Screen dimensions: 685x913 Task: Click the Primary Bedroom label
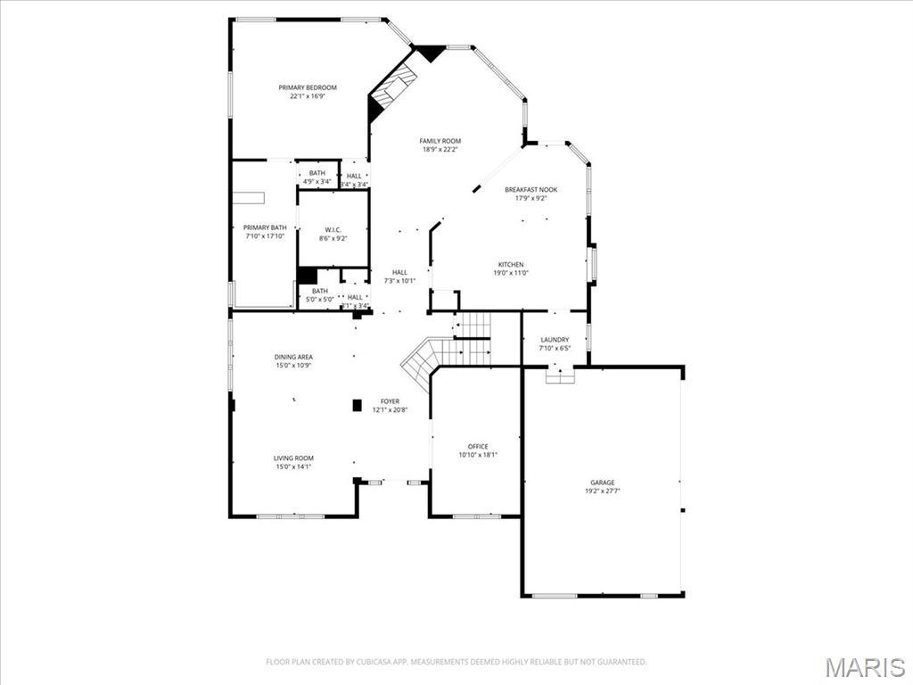(x=308, y=87)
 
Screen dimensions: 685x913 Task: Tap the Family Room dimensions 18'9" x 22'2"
(x=441, y=150)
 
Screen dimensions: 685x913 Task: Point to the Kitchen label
(x=511, y=264)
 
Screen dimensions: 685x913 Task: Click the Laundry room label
(x=555, y=340)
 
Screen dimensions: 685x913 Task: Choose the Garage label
(x=602, y=483)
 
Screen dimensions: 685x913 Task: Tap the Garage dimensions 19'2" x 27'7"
(x=602, y=491)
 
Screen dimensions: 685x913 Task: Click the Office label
(x=478, y=446)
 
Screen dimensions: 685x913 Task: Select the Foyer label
(x=390, y=401)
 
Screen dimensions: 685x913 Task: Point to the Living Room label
(x=293, y=458)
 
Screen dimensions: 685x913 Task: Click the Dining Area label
(x=293, y=357)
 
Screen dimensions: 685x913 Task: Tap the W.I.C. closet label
(x=333, y=229)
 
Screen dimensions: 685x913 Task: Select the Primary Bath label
(x=265, y=227)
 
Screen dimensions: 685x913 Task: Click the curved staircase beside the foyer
(x=424, y=357)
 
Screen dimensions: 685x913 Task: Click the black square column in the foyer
(x=358, y=405)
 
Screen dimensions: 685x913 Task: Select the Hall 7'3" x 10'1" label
(x=399, y=272)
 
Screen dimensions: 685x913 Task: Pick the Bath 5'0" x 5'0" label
(x=320, y=291)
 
